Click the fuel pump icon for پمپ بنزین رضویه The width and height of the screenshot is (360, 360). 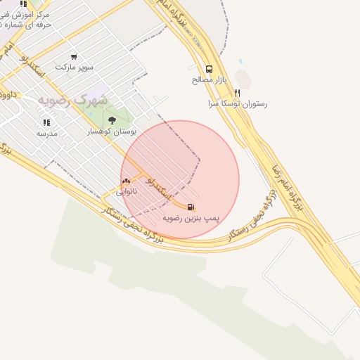coord(191,207)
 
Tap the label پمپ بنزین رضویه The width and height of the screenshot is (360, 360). coord(191,219)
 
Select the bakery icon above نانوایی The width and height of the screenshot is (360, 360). coord(126,181)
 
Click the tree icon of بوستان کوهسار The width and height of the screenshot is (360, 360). coord(112,120)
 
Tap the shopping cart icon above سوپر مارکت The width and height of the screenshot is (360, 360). coord(74,57)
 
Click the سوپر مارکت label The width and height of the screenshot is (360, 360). coord(75,67)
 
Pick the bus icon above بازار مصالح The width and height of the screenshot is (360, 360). coord(209,69)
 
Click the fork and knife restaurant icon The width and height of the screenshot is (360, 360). coord(238,92)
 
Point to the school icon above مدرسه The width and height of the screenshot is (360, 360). coord(46,122)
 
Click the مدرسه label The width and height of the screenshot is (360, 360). coord(47,133)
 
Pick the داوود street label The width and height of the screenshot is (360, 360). coord(8,94)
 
